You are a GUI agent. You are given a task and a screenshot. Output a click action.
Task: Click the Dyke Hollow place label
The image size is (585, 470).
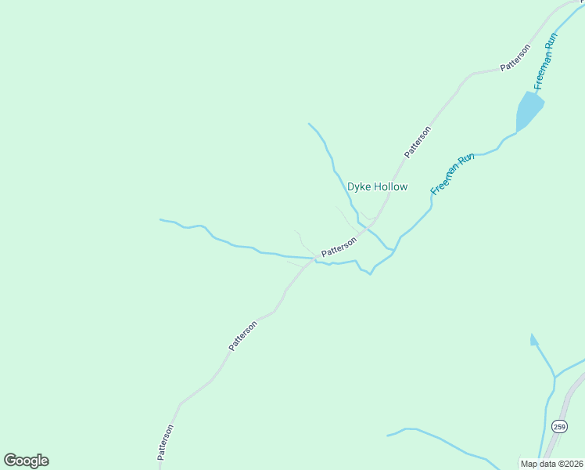tap(378, 187)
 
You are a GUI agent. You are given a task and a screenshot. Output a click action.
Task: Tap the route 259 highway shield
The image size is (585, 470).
tap(558, 426)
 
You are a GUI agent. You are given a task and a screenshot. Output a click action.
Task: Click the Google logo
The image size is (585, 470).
tap(26, 461)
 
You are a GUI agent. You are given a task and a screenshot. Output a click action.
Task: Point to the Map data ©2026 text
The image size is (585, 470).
tap(551, 463)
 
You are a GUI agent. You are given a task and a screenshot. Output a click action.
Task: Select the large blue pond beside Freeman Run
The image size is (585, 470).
tap(528, 110)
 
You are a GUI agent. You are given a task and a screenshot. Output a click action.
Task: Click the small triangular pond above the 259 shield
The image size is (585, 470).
tap(534, 340)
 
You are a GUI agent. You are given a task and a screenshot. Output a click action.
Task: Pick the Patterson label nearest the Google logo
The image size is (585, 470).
tap(165, 443)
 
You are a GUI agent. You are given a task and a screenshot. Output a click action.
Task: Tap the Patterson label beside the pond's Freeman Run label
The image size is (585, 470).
tap(515, 58)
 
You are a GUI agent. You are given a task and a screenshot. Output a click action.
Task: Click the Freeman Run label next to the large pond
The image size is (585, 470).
tap(544, 61)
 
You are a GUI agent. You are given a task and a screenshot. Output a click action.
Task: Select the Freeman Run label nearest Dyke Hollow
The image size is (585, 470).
tap(453, 174)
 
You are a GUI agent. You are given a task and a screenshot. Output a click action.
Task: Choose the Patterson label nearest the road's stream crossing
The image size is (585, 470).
tap(339, 247)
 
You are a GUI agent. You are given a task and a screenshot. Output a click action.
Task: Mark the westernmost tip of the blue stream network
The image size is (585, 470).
tap(160, 219)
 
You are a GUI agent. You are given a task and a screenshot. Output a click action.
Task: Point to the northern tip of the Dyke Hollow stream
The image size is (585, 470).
tap(309, 124)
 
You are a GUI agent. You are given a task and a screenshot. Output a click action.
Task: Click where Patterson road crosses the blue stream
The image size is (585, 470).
tap(315, 258)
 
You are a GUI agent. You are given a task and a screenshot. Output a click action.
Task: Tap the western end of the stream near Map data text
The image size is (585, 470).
tap(388, 435)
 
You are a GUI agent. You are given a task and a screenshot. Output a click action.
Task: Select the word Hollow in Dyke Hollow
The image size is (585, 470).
tap(389, 187)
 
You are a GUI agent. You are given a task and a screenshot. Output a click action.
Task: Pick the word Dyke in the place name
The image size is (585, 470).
tap(358, 187)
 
